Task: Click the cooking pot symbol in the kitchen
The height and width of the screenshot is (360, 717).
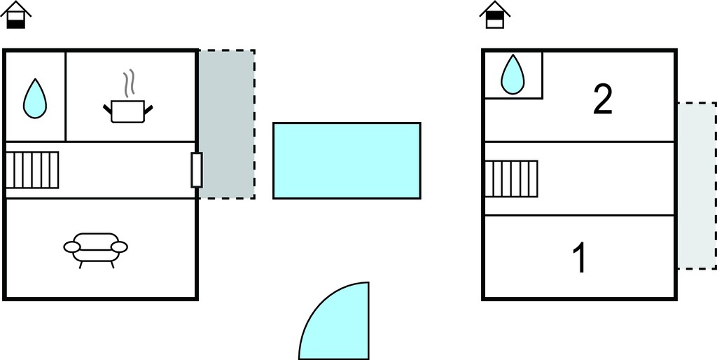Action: coord(128,111)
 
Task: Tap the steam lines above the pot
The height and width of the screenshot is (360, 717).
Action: coord(130,81)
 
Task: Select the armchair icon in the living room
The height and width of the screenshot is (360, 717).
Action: coord(95,250)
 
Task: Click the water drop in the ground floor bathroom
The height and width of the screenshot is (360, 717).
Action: coord(35,98)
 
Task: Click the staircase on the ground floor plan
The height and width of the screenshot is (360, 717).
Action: coord(32,169)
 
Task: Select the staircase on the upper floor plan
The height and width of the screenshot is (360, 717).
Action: coord(511,179)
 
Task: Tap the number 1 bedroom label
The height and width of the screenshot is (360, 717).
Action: coord(579,258)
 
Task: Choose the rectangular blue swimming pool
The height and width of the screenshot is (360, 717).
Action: coord(347,160)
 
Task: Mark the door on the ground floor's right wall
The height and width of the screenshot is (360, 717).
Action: coord(197,170)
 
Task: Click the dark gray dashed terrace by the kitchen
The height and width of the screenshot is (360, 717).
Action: coord(227,124)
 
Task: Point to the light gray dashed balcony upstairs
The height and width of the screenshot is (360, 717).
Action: coord(697,186)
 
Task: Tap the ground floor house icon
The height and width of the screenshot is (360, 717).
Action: coord(16,15)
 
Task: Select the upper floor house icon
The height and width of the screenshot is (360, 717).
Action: coord(495,15)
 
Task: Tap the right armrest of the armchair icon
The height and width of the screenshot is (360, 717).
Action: coord(119,247)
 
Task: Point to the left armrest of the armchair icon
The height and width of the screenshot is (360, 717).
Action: coord(72,247)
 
